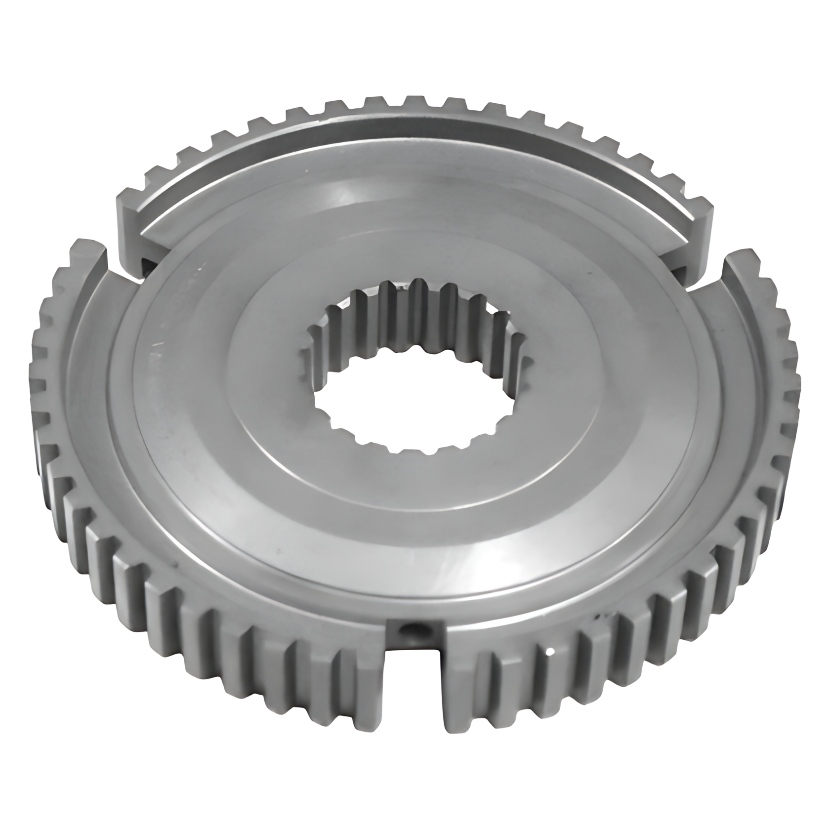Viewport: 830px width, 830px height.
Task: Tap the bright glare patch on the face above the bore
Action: (346, 198)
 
